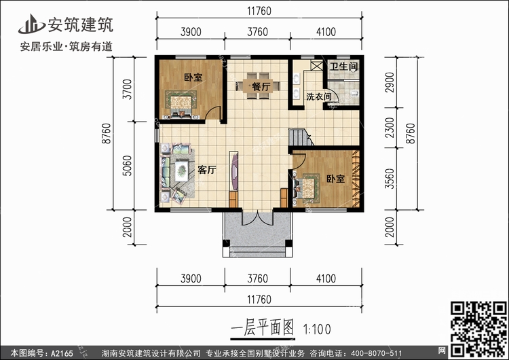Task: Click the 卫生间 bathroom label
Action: pyautogui.click(x=343, y=67)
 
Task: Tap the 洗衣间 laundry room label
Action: pyautogui.click(x=318, y=97)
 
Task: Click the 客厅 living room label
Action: pyautogui.click(x=207, y=170)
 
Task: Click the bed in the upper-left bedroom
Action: pyautogui.click(x=181, y=102)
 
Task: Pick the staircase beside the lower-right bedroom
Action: pyautogui.click(x=299, y=138)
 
